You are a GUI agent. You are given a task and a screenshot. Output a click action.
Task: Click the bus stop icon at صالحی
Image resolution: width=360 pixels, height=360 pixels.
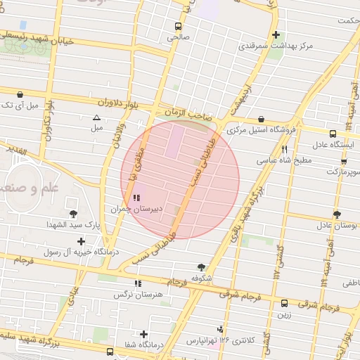pos(177,27)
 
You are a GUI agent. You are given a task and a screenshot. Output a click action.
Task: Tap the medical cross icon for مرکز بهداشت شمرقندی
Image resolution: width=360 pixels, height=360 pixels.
pos(276,34)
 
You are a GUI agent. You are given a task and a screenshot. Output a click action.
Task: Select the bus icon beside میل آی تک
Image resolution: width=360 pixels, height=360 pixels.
pos(19,94)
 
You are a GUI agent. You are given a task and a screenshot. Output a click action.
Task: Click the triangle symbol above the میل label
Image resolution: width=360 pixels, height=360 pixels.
pos(96,117)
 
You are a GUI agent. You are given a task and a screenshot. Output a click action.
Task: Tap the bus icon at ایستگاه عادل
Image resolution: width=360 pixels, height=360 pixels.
pos(333,132)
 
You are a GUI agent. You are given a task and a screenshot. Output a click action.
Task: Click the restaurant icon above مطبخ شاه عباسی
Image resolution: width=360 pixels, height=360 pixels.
pos(284,149)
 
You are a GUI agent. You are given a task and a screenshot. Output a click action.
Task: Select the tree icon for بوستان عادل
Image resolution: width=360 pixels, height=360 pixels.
pos(337,214)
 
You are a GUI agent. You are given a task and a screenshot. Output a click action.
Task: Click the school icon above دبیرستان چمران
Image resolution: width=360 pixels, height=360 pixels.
pos(136,198)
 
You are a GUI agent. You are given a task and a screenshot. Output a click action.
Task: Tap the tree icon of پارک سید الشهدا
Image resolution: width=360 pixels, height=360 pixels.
pos(73,213)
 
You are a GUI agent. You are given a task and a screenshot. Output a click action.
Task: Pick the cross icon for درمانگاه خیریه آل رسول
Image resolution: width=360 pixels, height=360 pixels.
pos(82,241)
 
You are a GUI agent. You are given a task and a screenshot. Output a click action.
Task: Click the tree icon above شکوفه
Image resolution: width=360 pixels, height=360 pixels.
pos(202,266)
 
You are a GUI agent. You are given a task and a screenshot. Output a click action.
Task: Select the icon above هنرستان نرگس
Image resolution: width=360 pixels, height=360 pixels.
pos(138,283)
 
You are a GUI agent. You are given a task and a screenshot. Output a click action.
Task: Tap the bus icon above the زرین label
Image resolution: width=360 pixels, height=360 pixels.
pos(284,304)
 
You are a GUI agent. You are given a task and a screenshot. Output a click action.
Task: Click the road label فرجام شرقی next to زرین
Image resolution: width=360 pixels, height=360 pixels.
pos(319,307)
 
